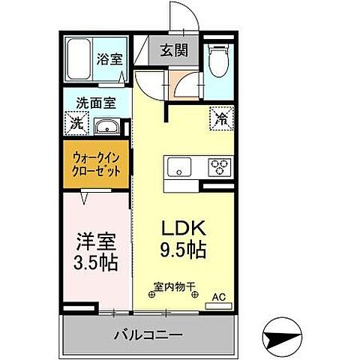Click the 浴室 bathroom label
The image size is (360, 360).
click(111, 60)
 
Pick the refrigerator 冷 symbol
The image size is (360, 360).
click(222, 118)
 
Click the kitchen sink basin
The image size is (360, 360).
click(179, 166)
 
